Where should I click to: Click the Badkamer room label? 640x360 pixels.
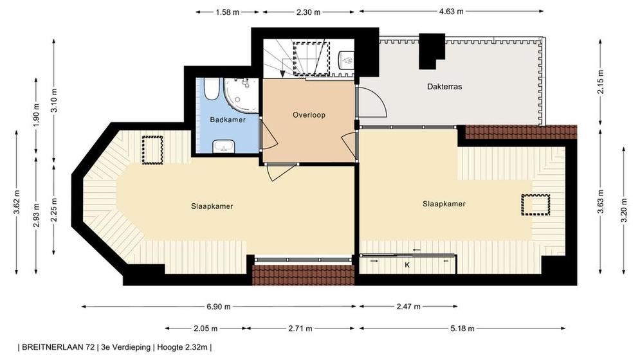(228, 120)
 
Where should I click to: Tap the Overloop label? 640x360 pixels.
(309, 115)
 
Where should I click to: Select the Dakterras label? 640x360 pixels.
(444, 87)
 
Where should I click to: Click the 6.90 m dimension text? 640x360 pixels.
(219, 307)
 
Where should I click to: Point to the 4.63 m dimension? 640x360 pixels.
(452, 12)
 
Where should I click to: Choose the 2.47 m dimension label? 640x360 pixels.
(408, 307)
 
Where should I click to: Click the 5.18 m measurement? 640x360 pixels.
(462, 328)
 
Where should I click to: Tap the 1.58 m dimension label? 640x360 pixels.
(227, 12)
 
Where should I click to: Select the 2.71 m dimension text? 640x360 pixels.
(300, 328)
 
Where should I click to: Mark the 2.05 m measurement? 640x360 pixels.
(205, 328)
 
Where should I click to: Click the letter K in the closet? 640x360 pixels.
(407, 265)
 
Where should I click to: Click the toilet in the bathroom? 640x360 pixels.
(211, 89)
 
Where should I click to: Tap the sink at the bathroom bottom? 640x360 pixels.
(224, 146)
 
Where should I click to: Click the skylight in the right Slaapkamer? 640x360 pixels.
(536, 205)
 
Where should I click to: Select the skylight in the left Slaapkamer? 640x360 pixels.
(152, 150)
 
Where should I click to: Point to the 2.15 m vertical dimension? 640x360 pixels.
(600, 82)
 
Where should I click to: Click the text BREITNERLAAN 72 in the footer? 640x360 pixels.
(59, 347)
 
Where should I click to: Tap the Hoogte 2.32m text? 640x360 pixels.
(182, 347)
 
